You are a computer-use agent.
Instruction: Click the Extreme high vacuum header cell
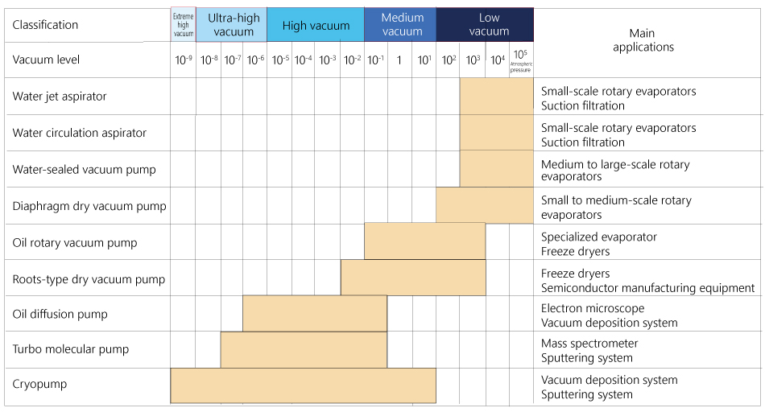[184, 25]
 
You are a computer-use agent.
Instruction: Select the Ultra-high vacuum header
[234, 25]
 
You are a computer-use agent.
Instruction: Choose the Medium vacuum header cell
[402, 25]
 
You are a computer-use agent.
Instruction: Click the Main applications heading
[643, 40]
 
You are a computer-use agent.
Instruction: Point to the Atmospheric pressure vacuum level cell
[520, 60]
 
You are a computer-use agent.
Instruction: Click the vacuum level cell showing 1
[399, 60]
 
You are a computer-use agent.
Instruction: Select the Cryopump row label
[39, 384]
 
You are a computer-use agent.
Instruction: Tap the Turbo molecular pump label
[71, 349]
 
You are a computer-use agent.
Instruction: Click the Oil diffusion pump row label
[60, 314]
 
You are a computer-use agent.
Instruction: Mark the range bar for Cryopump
[303, 385]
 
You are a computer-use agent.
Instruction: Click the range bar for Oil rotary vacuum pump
[424, 241]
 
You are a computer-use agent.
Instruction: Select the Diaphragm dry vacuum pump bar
[484, 205]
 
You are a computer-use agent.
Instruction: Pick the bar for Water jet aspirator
[496, 96]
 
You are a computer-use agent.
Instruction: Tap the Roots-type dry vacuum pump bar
[413, 278]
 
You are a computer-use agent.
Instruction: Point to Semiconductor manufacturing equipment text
[647, 287]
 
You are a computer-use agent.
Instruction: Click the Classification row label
[45, 25]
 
